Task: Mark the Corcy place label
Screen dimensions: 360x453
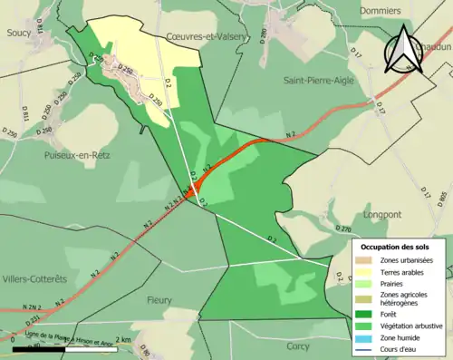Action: (297, 345)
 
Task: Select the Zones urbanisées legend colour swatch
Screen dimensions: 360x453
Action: (363, 261)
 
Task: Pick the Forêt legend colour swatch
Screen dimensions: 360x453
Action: (363, 317)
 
